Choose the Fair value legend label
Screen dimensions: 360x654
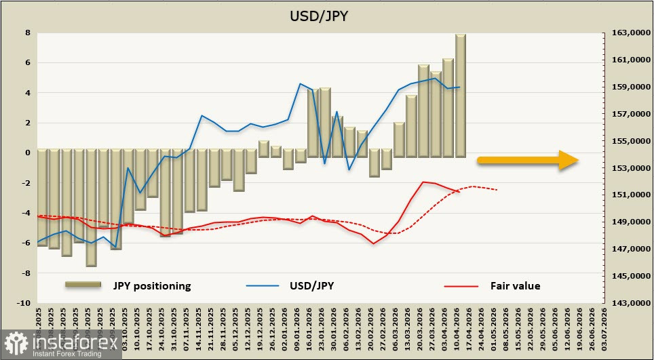(515, 286)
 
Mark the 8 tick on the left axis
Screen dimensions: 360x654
(27, 33)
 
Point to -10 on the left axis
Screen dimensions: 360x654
(23, 303)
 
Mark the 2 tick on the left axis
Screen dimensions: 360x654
(27, 123)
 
